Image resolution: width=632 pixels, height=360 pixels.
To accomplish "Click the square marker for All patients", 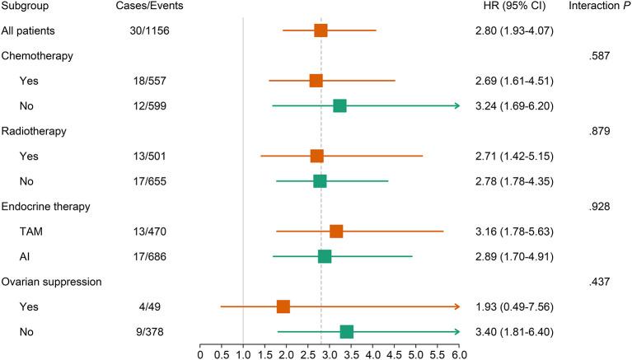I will pyautogui.click(x=321, y=30).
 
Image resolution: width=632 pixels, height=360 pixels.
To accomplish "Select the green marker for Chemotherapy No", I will pyautogui.click(x=339, y=105).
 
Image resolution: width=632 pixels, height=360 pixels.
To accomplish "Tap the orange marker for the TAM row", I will pyautogui.click(x=336, y=231).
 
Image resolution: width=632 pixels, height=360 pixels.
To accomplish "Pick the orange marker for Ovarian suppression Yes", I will pyautogui.click(x=283, y=306).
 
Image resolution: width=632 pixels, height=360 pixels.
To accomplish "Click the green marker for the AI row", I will pyautogui.click(x=325, y=256).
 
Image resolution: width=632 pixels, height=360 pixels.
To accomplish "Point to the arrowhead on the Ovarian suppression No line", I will pyautogui.click(x=456, y=332).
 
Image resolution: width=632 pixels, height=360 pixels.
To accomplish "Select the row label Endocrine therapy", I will pyautogui.click(x=46, y=206).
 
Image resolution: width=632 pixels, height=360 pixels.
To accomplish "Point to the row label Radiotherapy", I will pyautogui.click(x=35, y=131).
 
